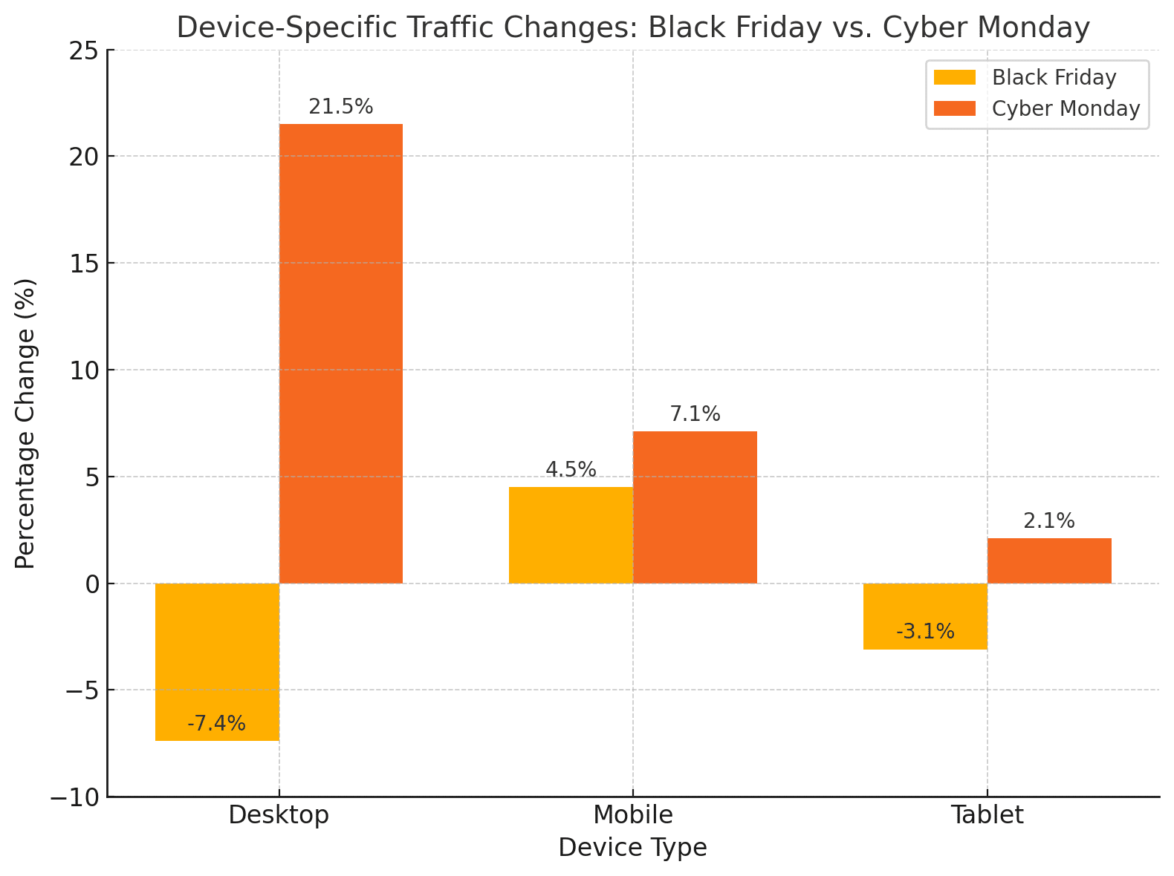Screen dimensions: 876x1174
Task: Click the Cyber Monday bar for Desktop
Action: (341, 353)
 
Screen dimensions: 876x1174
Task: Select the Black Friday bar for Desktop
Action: (217, 661)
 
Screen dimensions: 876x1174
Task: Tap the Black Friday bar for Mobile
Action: (571, 535)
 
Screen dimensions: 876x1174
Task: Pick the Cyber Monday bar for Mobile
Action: (695, 507)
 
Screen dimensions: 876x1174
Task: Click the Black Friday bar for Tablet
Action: (925, 615)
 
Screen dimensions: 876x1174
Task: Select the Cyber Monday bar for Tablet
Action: (1049, 560)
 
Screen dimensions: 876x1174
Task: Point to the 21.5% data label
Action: (341, 108)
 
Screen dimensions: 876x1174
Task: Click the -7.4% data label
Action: (217, 724)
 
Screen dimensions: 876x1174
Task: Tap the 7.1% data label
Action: (695, 414)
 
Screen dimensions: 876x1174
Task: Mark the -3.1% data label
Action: (925, 632)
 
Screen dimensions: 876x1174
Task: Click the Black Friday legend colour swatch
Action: (954, 78)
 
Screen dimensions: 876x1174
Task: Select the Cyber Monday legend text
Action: (1066, 109)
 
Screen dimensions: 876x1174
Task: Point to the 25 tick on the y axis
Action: (83, 50)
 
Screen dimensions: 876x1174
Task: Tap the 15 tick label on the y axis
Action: (83, 264)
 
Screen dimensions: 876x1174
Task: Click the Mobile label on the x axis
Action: (633, 815)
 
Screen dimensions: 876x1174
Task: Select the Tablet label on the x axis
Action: (987, 815)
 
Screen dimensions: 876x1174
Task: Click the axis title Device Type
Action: (633, 848)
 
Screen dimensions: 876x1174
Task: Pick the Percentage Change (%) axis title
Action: (25, 424)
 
